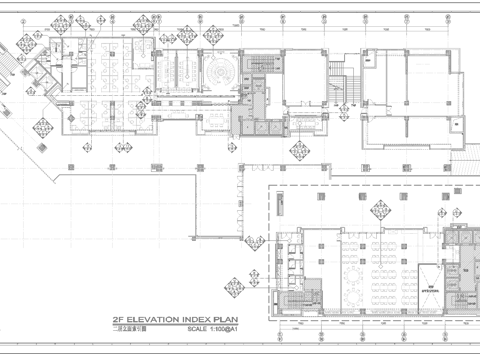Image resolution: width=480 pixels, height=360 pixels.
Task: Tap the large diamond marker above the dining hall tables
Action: [380, 211]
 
